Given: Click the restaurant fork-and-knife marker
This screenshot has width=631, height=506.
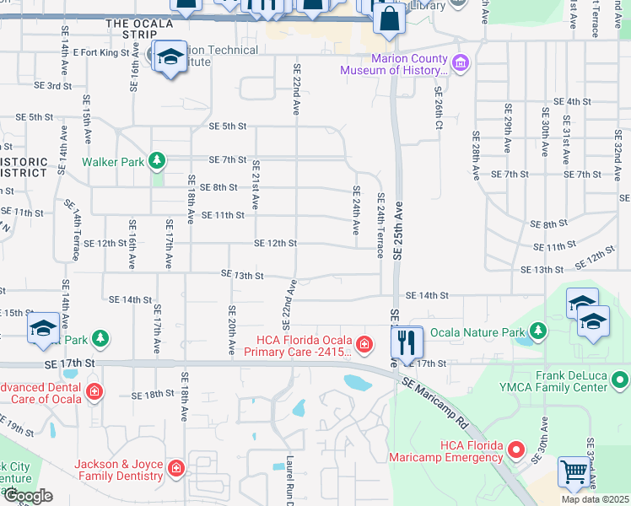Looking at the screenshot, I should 407,342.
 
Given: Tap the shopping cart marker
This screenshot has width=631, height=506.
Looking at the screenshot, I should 574,473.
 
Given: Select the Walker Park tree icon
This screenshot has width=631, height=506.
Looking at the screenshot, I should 155,160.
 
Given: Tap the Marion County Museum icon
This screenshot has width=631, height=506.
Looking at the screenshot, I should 460,63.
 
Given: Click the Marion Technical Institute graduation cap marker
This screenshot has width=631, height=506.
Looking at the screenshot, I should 170,58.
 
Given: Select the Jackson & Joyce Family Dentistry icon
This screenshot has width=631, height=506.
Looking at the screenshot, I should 175,468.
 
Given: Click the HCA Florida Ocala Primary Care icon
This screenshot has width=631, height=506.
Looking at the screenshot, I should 363,344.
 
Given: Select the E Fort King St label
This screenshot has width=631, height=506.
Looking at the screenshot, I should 105,52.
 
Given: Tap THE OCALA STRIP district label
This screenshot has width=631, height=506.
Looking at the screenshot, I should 132,29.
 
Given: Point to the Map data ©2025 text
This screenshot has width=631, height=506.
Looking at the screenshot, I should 595,499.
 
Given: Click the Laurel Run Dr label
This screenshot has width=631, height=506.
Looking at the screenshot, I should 289,481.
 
